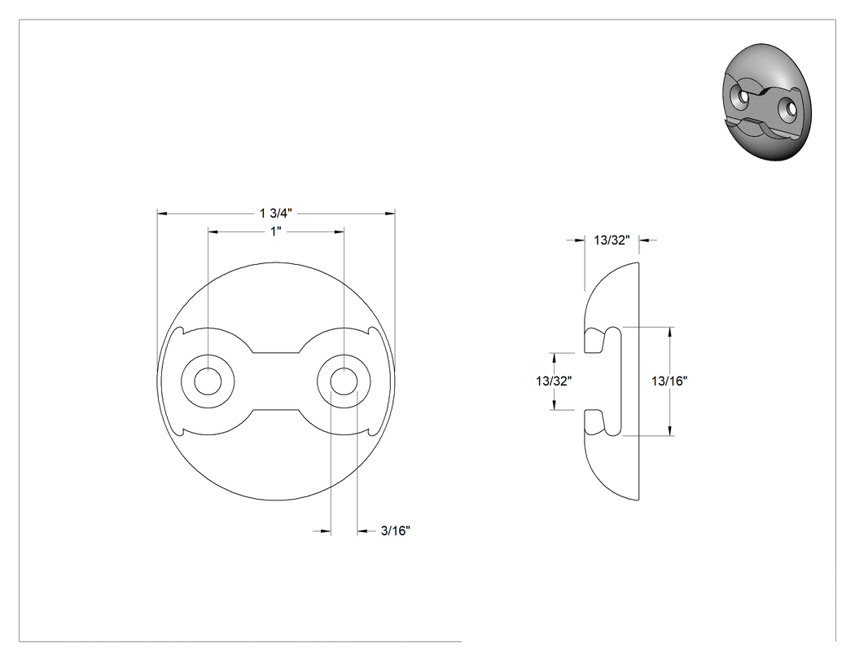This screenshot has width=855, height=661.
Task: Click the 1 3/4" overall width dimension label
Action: click(276, 213)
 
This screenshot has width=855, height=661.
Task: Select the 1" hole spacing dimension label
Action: click(276, 231)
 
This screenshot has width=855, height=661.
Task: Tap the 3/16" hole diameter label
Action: click(395, 530)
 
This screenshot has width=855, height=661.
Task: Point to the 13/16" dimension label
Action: click(669, 381)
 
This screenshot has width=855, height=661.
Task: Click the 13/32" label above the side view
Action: click(612, 240)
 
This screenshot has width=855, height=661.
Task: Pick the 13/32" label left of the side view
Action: click(554, 381)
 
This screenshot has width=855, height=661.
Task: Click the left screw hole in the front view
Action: click(208, 381)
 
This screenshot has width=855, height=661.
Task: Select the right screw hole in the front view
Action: click(344, 381)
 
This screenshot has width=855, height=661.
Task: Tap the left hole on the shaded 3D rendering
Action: click(743, 97)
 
